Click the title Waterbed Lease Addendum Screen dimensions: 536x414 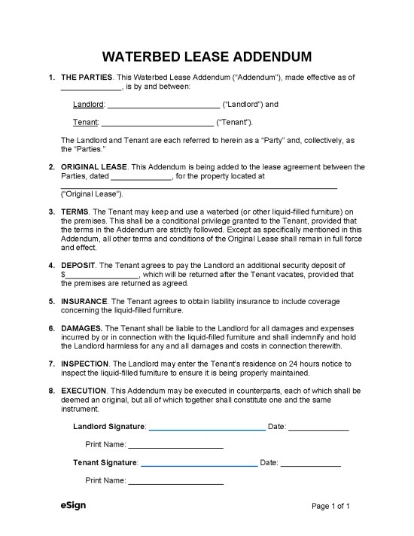click(x=207, y=58)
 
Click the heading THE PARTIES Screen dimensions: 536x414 click(x=87, y=78)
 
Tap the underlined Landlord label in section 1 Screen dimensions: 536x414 click(x=88, y=105)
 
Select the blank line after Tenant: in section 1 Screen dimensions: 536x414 click(x=157, y=122)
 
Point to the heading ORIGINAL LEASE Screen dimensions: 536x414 click(x=94, y=166)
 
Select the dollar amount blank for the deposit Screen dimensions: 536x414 click(x=102, y=276)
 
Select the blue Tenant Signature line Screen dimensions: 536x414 click(x=198, y=463)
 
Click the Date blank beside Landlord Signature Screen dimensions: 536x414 click(x=318, y=428)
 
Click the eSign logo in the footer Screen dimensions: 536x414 click(x=73, y=505)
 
